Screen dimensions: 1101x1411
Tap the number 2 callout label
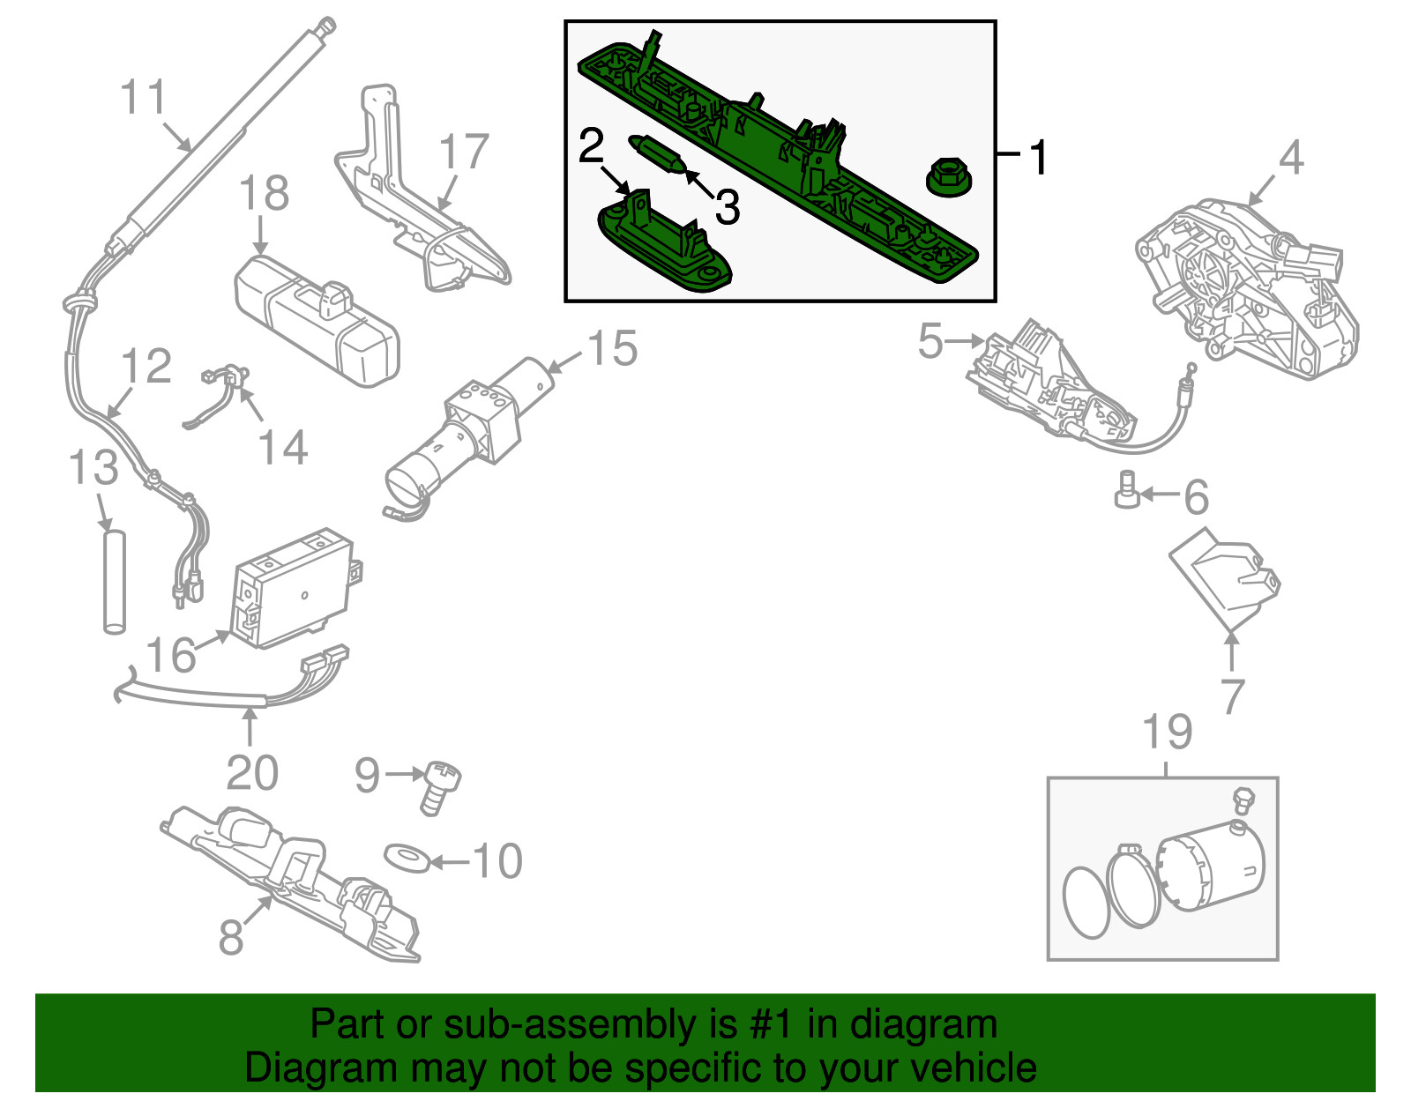pos(591,146)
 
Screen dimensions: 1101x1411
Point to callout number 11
pos(143,96)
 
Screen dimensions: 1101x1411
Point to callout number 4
pos(1290,159)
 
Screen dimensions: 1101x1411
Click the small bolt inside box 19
pos(1242,800)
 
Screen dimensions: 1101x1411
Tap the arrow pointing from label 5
pos(967,340)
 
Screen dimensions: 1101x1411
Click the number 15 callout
pos(612,348)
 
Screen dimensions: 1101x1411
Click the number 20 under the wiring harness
pos(252,773)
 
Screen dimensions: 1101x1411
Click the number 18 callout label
pos(264,193)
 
